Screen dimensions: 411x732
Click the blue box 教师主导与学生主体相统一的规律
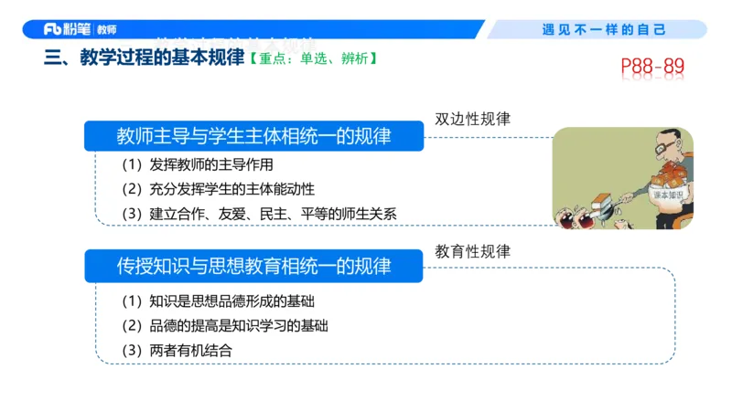tap(254, 137)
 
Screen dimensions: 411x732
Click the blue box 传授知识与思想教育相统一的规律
tap(254, 266)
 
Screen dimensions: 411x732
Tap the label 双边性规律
tap(472, 120)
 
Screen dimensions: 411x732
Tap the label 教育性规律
tap(472, 250)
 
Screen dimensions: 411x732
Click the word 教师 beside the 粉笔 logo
tap(107, 29)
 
